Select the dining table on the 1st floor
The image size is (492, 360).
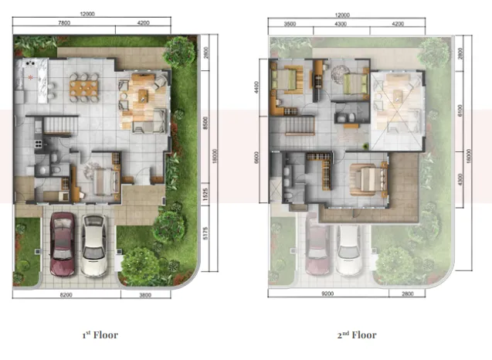pos(83,86)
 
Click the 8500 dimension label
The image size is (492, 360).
pos(204,121)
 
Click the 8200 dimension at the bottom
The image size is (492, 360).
pos(68,296)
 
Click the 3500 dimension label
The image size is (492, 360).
pos(290,24)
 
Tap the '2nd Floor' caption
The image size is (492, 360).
pos(357,335)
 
